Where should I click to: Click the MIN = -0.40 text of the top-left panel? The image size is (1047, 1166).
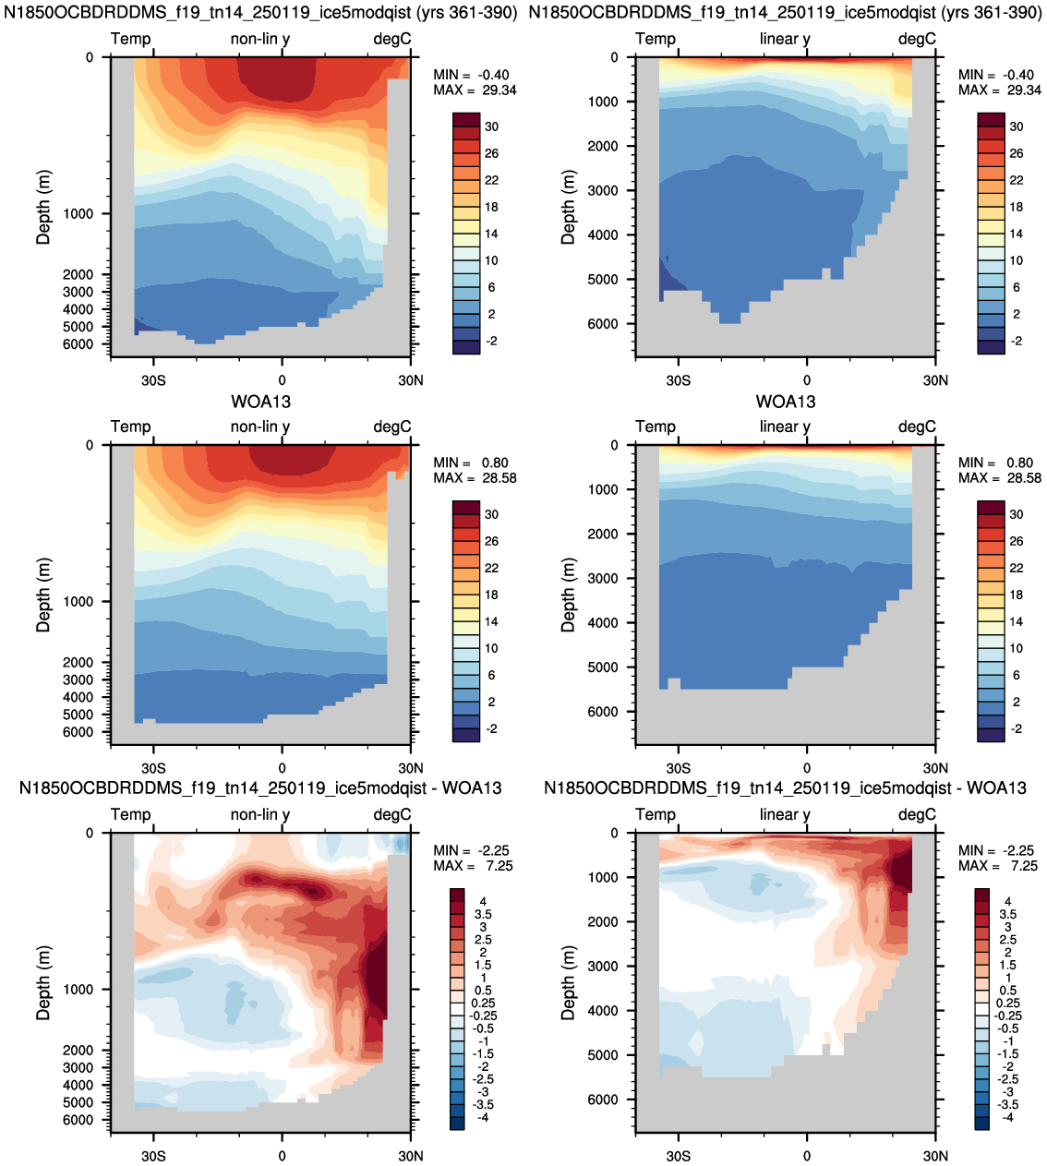471,75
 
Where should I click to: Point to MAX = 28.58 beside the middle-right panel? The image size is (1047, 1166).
999,477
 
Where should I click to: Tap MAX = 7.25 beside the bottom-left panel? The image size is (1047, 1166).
473,866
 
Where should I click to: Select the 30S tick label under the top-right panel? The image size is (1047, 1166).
678,379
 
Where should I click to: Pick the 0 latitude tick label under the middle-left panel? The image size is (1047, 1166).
282,768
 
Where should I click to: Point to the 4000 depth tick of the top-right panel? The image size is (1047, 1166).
602,234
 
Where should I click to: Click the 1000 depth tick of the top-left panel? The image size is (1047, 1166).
78,213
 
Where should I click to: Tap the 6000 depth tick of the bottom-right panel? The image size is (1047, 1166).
602,1100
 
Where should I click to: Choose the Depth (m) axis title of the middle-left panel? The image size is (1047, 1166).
43,595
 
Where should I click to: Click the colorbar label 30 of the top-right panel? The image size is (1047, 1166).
1017,126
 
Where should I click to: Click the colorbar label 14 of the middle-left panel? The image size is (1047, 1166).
491,621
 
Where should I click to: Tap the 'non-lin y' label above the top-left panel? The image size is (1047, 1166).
260,39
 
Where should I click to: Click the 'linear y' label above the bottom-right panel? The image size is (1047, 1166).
785,814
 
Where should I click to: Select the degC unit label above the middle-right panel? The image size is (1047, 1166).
917,427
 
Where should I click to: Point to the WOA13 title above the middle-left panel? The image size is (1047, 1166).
260,402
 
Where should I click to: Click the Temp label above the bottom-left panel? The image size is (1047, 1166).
131,814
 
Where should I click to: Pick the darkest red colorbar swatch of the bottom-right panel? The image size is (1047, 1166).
982,895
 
